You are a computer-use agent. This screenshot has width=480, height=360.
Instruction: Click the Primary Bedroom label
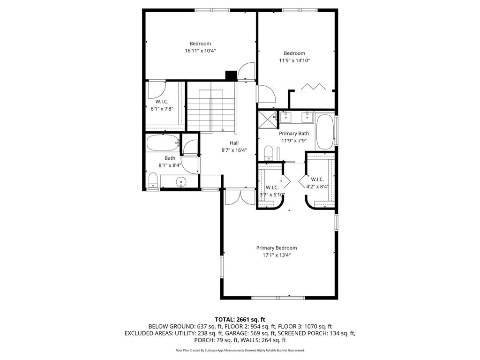click(276, 248)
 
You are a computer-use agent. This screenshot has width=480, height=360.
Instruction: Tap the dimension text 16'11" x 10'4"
click(200, 51)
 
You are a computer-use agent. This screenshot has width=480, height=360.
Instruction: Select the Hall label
click(234, 143)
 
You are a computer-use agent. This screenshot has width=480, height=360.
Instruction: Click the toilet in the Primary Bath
click(268, 152)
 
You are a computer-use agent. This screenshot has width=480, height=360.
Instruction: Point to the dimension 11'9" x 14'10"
click(294, 60)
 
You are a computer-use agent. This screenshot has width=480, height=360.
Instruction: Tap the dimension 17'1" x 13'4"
click(276, 255)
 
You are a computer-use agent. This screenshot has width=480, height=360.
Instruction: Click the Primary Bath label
click(294, 134)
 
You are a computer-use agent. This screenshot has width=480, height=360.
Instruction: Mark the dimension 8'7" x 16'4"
click(234, 150)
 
